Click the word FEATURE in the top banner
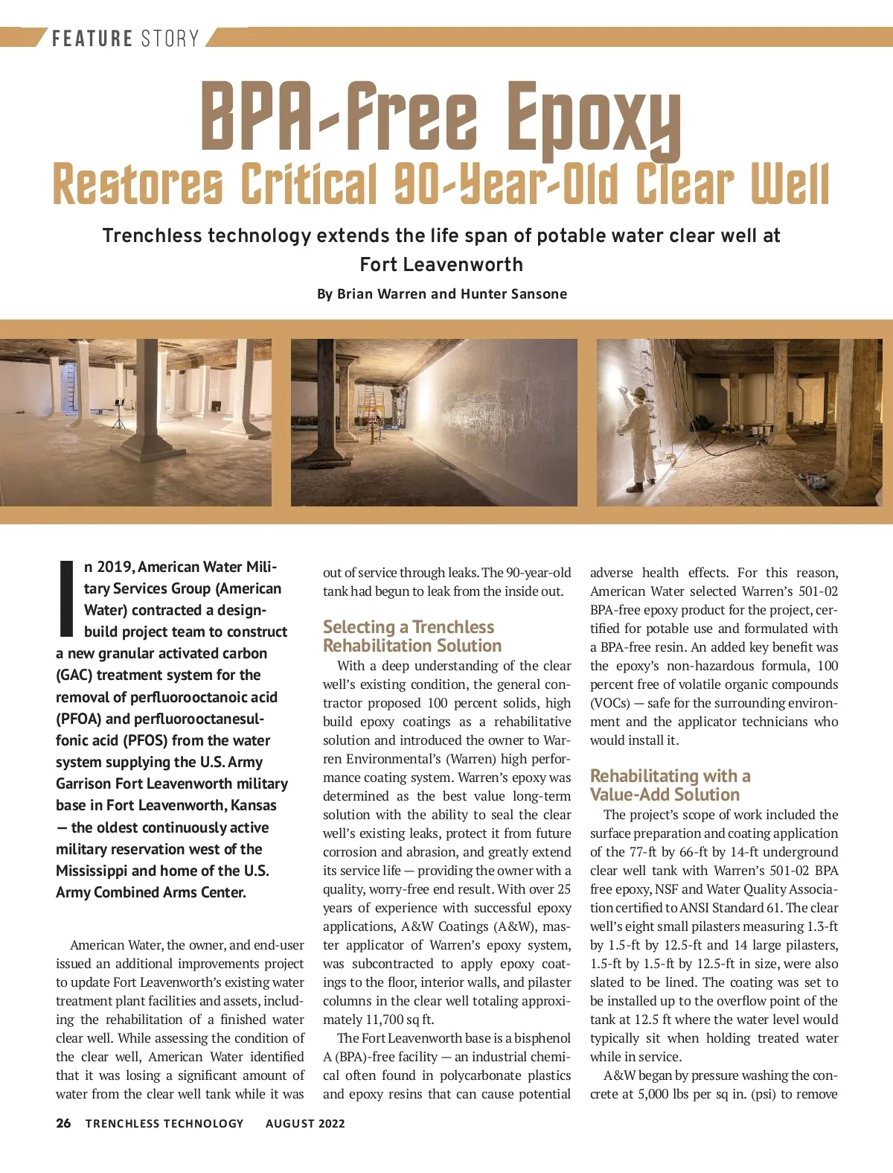click(x=92, y=38)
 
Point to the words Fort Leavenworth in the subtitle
click(x=441, y=265)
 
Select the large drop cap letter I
click(x=65, y=598)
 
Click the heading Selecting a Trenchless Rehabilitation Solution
click(x=412, y=636)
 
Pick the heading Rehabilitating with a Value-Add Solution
click(x=670, y=785)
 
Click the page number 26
click(x=63, y=1123)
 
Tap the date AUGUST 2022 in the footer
click(x=305, y=1124)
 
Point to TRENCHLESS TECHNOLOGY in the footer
click(x=164, y=1124)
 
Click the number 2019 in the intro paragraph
click(x=115, y=567)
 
